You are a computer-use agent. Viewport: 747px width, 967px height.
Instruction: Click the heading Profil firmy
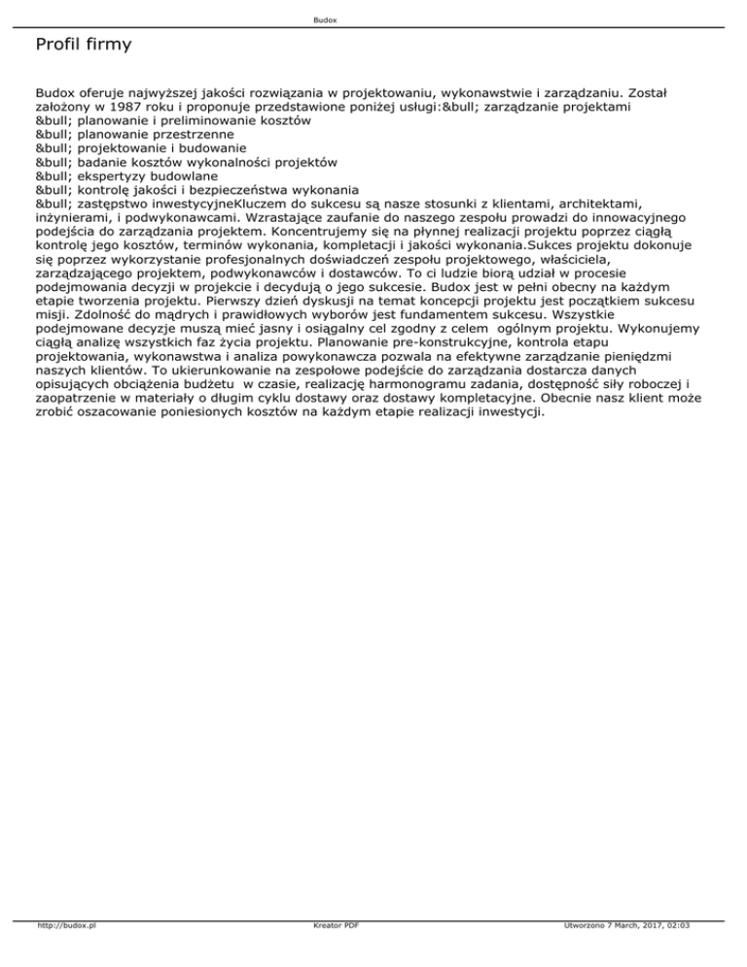(83, 45)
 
